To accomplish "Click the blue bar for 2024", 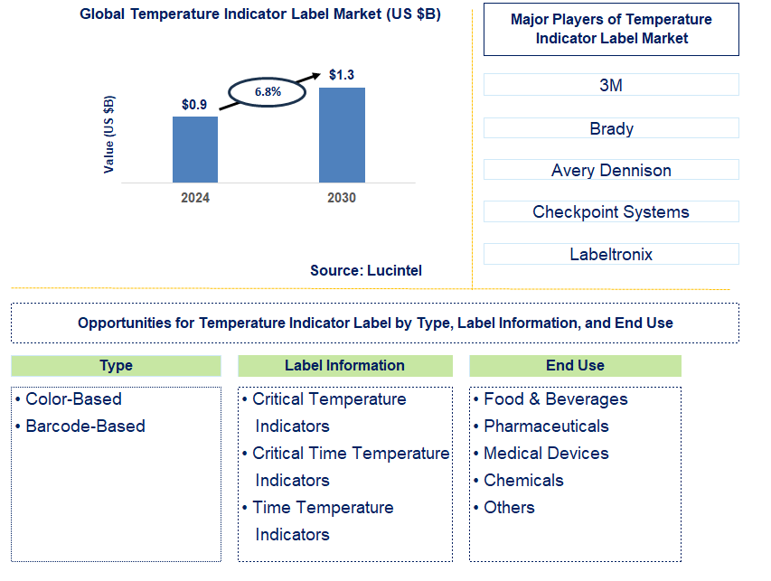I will coord(195,149).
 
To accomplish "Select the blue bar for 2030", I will coord(342,135).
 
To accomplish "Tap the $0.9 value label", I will coord(194,105).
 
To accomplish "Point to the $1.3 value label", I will coord(342,74).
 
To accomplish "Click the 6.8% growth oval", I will coord(268,91).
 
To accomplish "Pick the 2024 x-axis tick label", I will coord(194,198).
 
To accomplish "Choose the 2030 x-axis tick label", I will coord(341,198).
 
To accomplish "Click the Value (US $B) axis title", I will coord(109,133).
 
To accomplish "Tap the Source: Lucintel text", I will coord(365,270).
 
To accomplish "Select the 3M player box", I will coord(611,85).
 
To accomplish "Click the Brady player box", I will coord(611,128).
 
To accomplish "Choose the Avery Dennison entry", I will coord(611,170).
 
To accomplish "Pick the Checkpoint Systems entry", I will coord(611,212).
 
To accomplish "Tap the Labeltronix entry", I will coord(611,255).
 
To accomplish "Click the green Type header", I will coord(116,366).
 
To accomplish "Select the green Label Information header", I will coord(344,366).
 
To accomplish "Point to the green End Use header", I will coord(575,366).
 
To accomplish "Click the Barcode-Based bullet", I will coord(85,426).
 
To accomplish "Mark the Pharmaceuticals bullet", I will coord(546,426).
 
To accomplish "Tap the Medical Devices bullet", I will coord(546,454).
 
